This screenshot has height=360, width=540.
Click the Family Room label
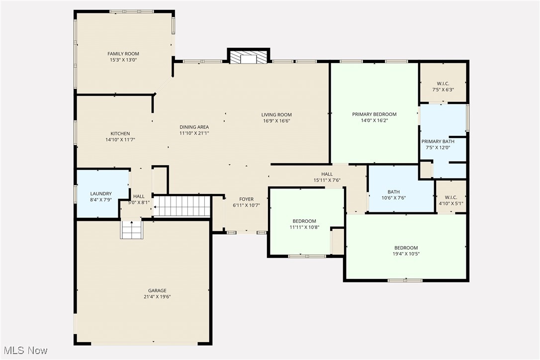(x=123, y=54)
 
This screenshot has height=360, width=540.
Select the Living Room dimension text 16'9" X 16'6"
(x=276, y=121)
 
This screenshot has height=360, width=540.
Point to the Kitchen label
(x=120, y=133)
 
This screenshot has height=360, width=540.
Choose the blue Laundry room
(x=101, y=193)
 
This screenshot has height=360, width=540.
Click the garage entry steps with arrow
(x=131, y=229)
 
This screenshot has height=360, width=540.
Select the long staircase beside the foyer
(x=182, y=205)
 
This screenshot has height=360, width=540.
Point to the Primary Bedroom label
(x=374, y=114)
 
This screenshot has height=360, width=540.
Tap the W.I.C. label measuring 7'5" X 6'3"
(x=443, y=84)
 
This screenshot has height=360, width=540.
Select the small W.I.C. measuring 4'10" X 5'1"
(x=450, y=197)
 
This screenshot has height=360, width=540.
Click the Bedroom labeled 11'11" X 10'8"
(x=304, y=221)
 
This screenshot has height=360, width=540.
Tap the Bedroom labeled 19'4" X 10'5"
(x=406, y=248)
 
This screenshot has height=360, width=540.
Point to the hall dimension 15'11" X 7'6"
(x=327, y=180)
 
